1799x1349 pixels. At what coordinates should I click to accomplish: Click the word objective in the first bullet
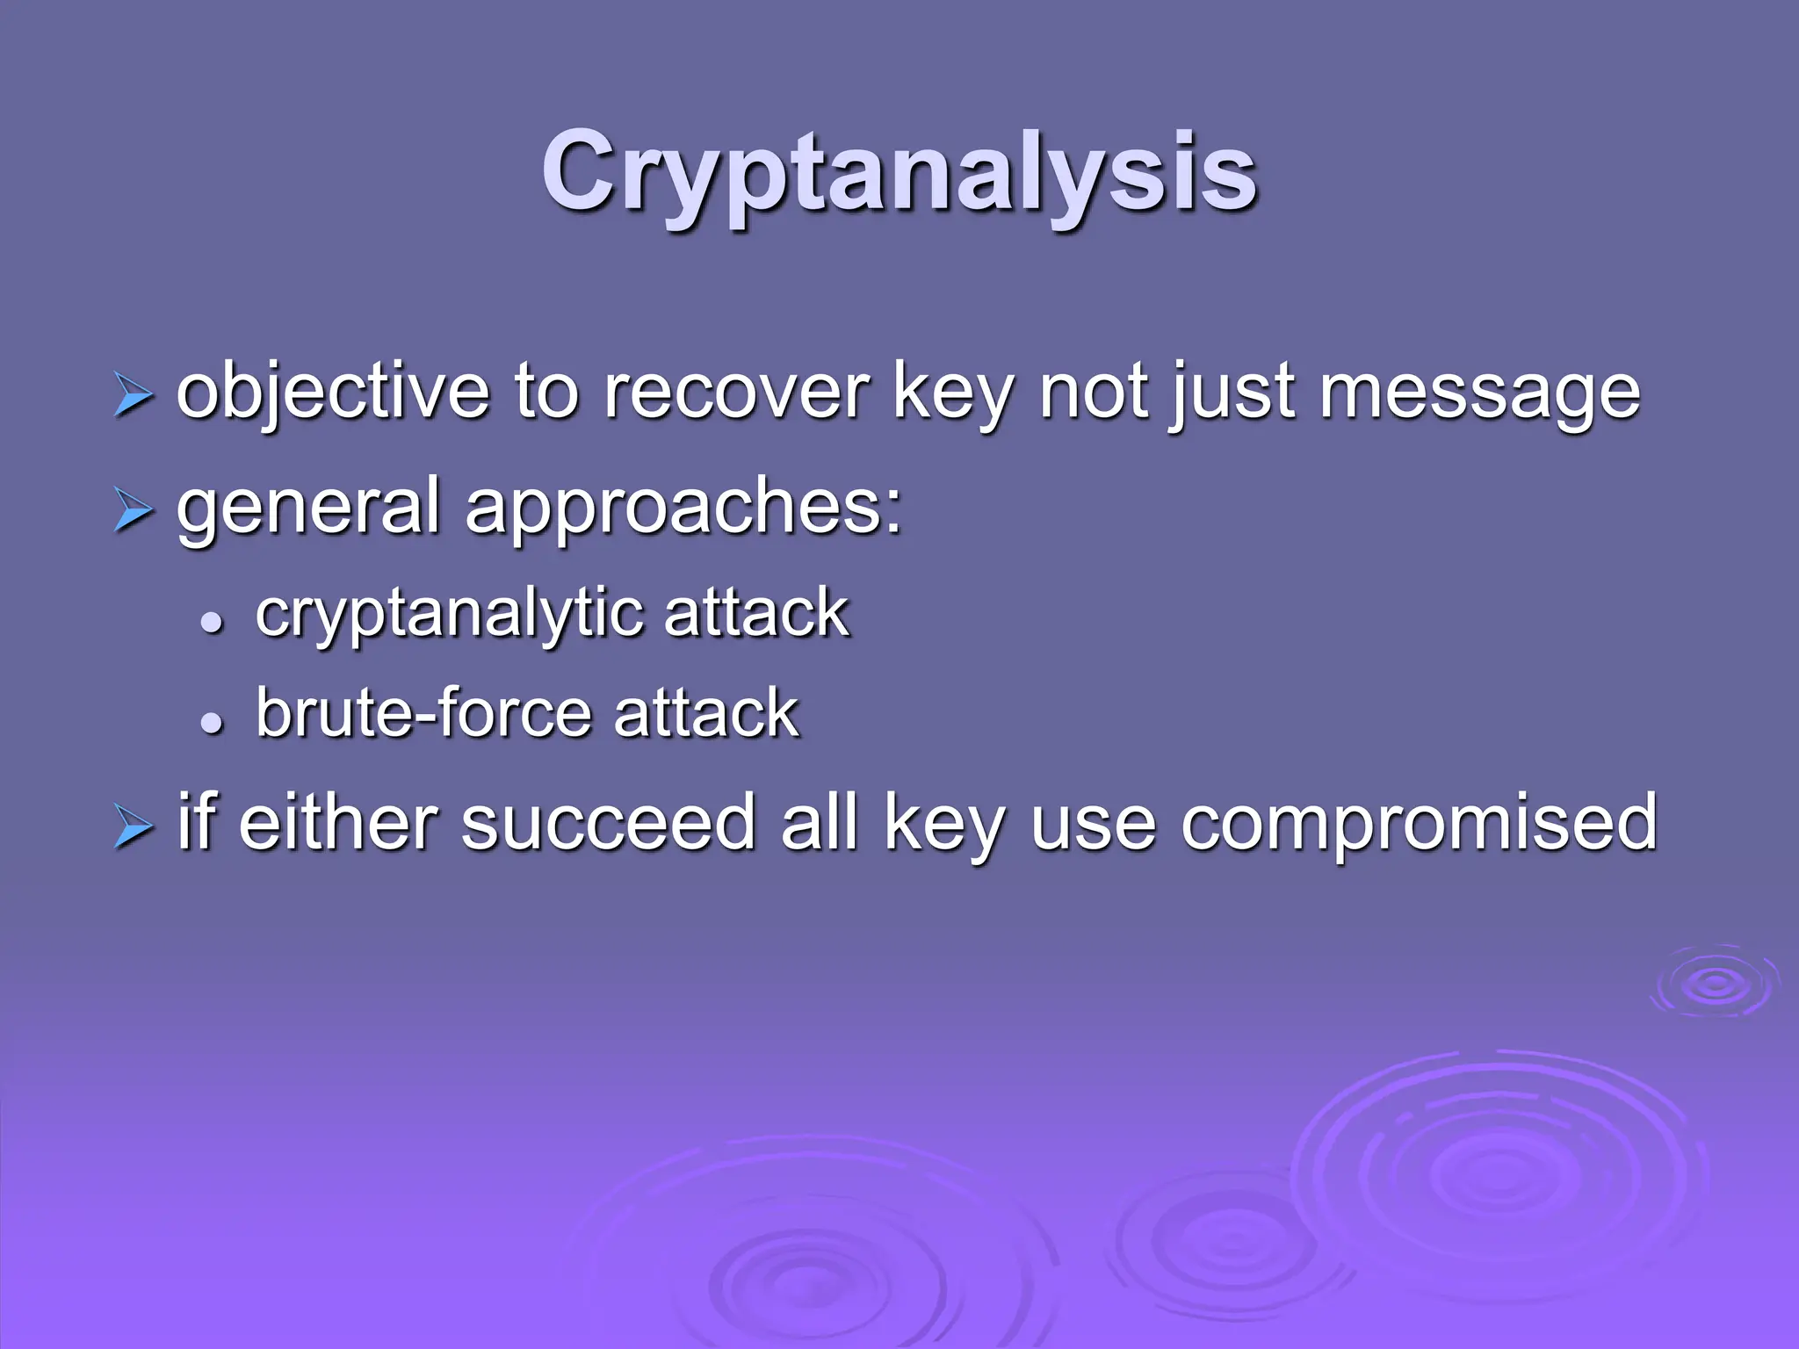click(333, 391)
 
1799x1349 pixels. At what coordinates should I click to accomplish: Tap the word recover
click(736, 391)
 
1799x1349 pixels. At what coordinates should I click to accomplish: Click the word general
click(307, 508)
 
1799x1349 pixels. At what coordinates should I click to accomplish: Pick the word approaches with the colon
click(683, 508)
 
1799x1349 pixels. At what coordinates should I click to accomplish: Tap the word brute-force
click(422, 712)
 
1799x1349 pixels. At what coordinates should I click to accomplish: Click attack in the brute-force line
click(706, 712)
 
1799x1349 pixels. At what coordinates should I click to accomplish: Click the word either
click(336, 822)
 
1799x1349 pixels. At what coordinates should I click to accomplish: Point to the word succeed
click(608, 822)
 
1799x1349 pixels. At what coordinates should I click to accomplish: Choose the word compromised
click(1418, 824)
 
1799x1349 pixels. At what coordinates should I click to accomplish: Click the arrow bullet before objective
click(133, 396)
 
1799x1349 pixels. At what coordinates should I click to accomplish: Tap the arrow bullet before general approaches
click(133, 510)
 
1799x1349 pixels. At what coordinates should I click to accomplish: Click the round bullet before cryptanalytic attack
click(211, 623)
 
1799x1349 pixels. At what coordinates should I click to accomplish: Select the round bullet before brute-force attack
click(211, 722)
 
